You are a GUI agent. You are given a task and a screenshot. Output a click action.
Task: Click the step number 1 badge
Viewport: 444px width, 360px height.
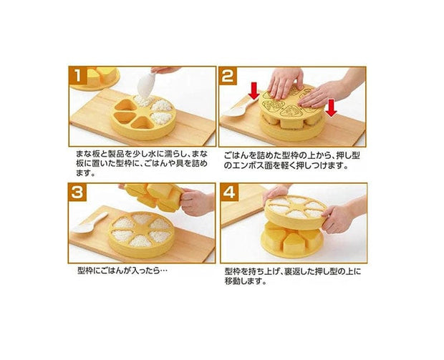tap(78, 76)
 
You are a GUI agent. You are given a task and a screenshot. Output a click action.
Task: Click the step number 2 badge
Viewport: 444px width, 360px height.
tap(228, 76)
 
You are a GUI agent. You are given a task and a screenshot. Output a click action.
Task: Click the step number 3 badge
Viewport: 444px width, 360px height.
tap(77, 193)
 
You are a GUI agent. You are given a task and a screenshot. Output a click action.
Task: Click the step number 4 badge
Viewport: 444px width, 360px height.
tap(230, 193)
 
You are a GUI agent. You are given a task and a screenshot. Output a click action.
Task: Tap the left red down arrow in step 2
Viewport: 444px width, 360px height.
tap(254, 91)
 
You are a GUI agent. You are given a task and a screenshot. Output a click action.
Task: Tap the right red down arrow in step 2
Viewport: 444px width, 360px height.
tap(331, 108)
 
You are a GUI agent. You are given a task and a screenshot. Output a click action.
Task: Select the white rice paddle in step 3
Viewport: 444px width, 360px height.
tap(90, 223)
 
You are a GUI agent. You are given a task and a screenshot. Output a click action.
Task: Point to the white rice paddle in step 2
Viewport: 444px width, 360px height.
tap(237, 109)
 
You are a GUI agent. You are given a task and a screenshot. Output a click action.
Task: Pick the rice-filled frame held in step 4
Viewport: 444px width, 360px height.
tap(296, 212)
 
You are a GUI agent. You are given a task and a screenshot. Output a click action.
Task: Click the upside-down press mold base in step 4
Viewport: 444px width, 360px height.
tap(291, 240)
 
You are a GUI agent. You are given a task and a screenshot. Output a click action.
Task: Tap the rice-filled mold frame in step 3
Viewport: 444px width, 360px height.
tap(141, 234)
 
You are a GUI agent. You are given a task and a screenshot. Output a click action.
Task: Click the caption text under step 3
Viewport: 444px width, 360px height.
tap(122, 271)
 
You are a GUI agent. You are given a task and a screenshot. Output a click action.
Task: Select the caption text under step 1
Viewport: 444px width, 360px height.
tap(142, 164)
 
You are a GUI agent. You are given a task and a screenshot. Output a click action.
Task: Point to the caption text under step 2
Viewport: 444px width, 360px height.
tap(291, 160)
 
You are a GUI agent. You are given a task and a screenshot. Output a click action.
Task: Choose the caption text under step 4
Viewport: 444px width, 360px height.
tap(293, 276)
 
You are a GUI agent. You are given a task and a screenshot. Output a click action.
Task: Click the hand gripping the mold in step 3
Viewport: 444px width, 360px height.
tap(197, 202)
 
